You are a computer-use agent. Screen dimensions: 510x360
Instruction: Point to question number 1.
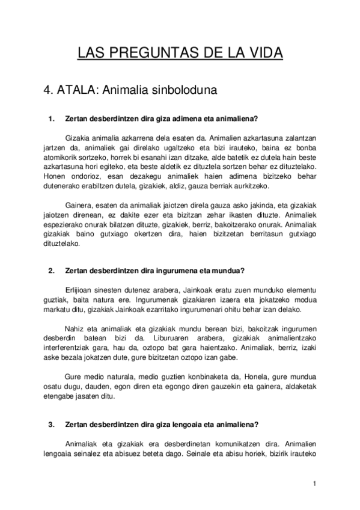coord(51,118)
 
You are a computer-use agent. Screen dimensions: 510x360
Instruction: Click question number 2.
coord(51,270)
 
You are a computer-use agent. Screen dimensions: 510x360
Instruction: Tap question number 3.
coord(51,424)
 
